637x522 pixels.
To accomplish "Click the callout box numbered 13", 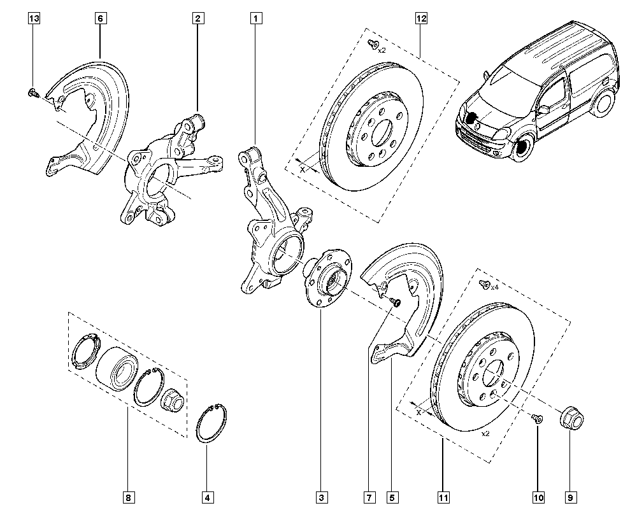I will coord(34,19).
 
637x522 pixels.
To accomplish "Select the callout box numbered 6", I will coord(100,19).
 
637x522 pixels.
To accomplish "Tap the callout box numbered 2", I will coord(198,19).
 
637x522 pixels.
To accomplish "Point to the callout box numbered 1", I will coord(255,19).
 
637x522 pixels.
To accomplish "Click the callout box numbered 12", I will coord(421,19).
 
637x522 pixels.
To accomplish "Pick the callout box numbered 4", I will coord(207,497).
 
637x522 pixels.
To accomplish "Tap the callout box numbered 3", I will coord(322,497).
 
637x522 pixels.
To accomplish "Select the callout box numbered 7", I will coord(368,497).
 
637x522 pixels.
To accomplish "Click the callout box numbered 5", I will coord(393,497).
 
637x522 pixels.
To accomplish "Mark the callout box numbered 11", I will coord(443,497).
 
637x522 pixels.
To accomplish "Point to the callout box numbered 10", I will coord(538,497).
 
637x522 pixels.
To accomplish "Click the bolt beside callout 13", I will coord(33,94).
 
